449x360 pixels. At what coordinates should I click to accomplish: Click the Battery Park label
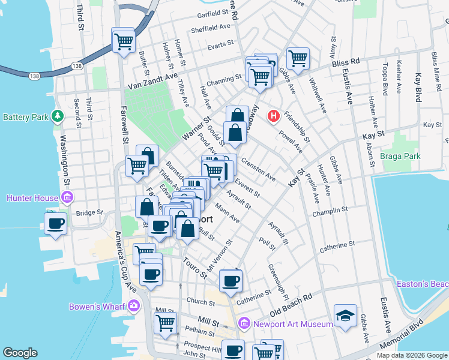25,116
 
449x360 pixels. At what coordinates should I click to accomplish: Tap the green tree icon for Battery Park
57,115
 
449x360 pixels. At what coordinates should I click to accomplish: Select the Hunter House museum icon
67,197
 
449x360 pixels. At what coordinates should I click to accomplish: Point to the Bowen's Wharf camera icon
133,307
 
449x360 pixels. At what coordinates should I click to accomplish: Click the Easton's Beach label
423,283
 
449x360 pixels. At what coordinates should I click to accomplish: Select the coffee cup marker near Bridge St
56,223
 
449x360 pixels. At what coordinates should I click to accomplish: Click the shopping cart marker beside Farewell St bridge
123,41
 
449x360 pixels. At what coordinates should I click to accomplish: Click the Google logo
20,353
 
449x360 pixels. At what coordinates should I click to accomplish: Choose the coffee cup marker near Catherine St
231,280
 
